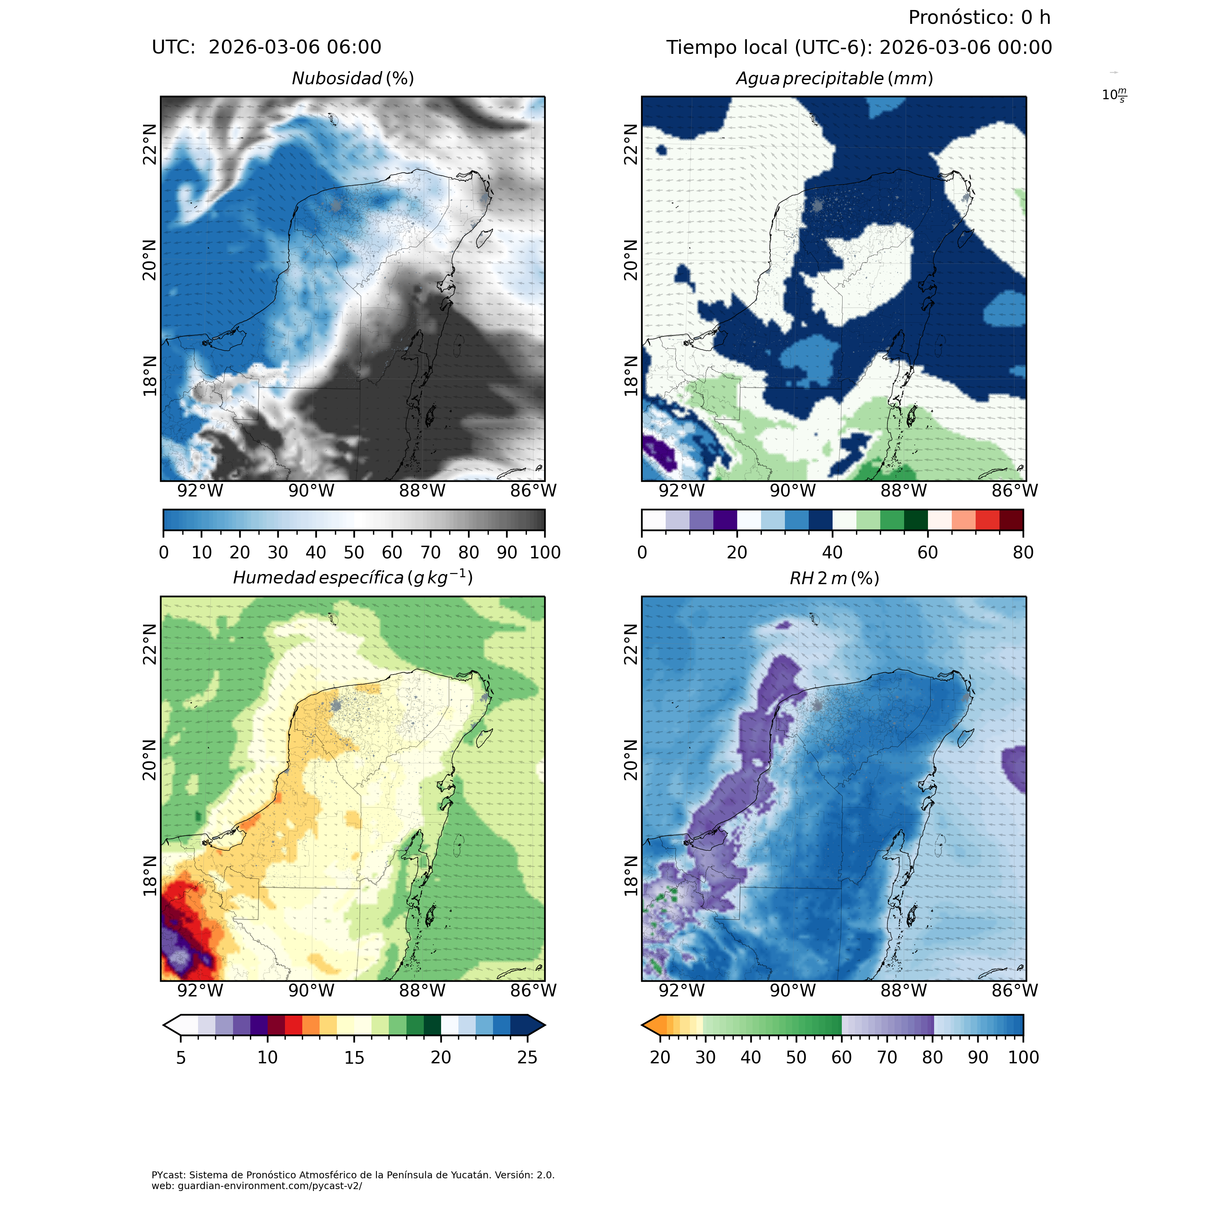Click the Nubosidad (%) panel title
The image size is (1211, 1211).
coord(353,79)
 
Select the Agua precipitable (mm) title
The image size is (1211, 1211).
coord(834,79)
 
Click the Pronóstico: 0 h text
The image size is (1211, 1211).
coord(979,18)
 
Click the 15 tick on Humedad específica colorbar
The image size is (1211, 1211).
coord(354,1058)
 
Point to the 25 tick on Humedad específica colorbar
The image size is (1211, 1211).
coord(528,1058)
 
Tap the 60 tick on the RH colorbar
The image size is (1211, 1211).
coord(841,1058)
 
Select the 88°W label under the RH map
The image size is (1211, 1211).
coord(903,991)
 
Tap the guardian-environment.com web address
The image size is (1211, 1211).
coord(257,1186)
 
